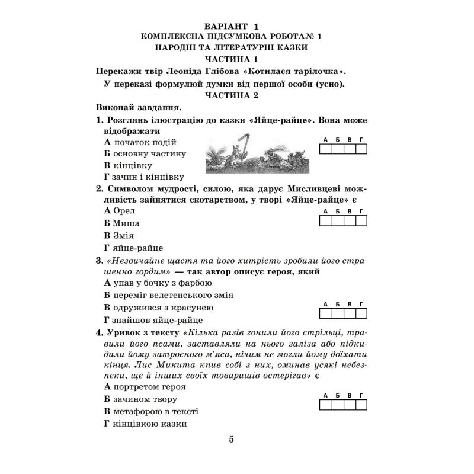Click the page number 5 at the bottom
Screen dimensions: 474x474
tap(232, 439)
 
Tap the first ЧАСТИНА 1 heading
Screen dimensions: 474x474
tap(232, 59)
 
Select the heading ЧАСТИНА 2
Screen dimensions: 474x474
tap(232, 95)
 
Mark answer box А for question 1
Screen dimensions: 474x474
tap(325, 149)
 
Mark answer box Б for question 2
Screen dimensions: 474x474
tap(337, 221)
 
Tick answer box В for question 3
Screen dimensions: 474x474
tap(349, 314)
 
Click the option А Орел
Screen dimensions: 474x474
tap(120, 211)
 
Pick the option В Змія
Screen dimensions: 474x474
tap(119, 236)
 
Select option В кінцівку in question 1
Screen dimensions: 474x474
tap(128, 165)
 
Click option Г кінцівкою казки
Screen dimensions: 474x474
tap(145, 424)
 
